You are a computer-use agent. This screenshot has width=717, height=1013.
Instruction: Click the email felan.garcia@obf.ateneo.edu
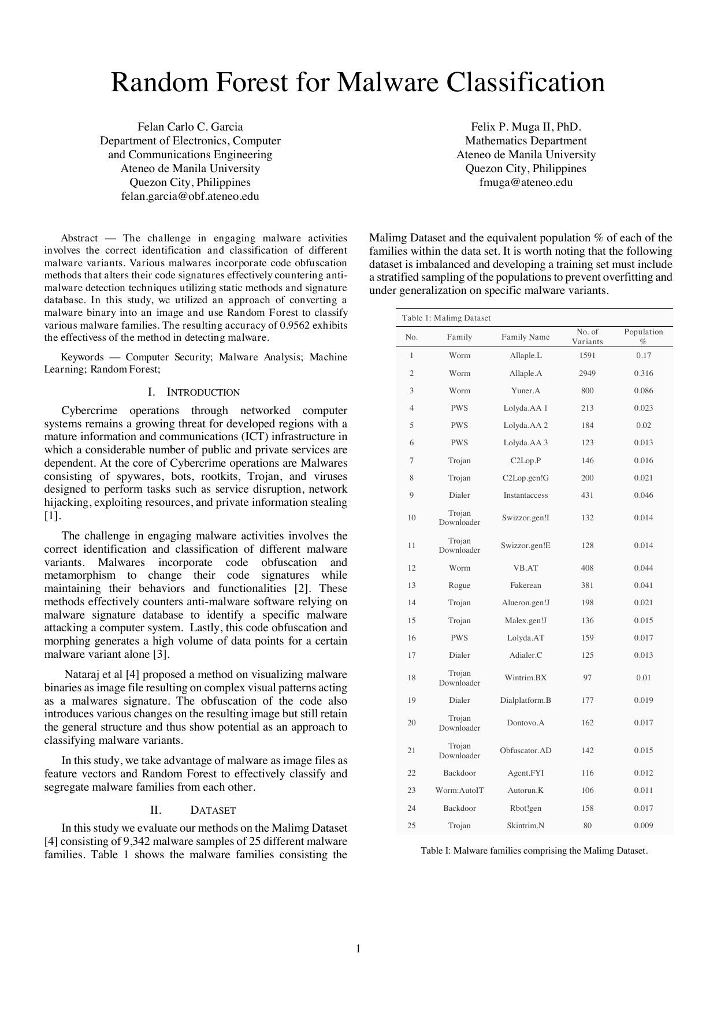click(x=190, y=196)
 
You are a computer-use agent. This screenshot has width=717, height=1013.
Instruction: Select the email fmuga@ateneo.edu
click(x=526, y=183)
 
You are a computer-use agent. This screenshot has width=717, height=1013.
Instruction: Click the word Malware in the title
click(x=390, y=83)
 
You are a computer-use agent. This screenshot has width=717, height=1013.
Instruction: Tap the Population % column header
click(x=643, y=337)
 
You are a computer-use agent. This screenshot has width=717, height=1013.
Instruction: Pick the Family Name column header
click(x=525, y=337)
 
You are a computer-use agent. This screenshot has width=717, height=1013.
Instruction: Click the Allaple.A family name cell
click(x=525, y=374)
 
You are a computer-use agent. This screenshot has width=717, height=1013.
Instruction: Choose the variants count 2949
click(x=587, y=374)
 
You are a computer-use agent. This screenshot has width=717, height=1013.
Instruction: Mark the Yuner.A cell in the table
click(x=525, y=391)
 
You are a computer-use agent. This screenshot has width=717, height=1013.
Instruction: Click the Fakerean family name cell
click(x=525, y=586)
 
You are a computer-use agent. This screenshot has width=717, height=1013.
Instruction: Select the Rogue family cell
click(x=459, y=586)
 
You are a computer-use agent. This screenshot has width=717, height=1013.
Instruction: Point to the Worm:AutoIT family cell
click(x=459, y=791)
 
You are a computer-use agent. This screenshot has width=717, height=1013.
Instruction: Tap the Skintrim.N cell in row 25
click(x=525, y=826)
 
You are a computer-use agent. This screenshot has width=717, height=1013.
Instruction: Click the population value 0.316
click(x=643, y=374)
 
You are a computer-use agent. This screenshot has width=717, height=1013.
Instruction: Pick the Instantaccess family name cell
click(x=525, y=496)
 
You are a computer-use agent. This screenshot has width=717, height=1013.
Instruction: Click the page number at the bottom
click(x=358, y=948)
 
